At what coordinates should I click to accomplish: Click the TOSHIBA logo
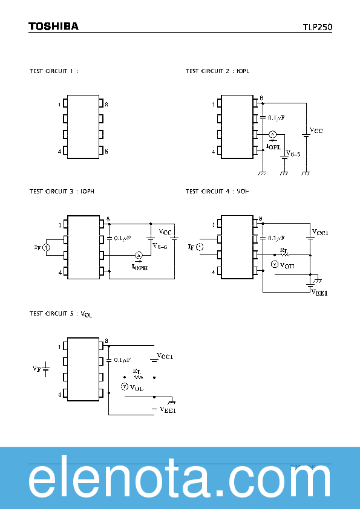click(x=53, y=27)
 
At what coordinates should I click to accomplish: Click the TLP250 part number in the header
click(x=317, y=27)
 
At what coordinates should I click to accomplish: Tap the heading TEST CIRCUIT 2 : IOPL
click(x=217, y=71)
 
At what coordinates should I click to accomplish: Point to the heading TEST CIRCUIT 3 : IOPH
click(x=62, y=191)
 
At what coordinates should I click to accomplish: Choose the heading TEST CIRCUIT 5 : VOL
click(x=61, y=314)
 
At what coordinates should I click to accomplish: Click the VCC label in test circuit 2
click(x=316, y=130)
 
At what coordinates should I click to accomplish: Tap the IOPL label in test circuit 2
click(x=273, y=146)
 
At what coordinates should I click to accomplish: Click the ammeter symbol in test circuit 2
click(x=272, y=134)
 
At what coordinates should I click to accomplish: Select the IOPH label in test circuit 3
click(x=139, y=266)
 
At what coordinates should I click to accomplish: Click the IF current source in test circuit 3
click(x=48, y=247)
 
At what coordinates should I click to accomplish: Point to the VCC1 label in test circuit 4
click(x=319, y=232)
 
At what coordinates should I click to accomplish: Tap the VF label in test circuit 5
click(x=36, y=368)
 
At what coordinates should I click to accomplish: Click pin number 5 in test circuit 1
click(x=106, y=152)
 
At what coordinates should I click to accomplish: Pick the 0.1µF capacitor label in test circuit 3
click(x=120, y=238)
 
